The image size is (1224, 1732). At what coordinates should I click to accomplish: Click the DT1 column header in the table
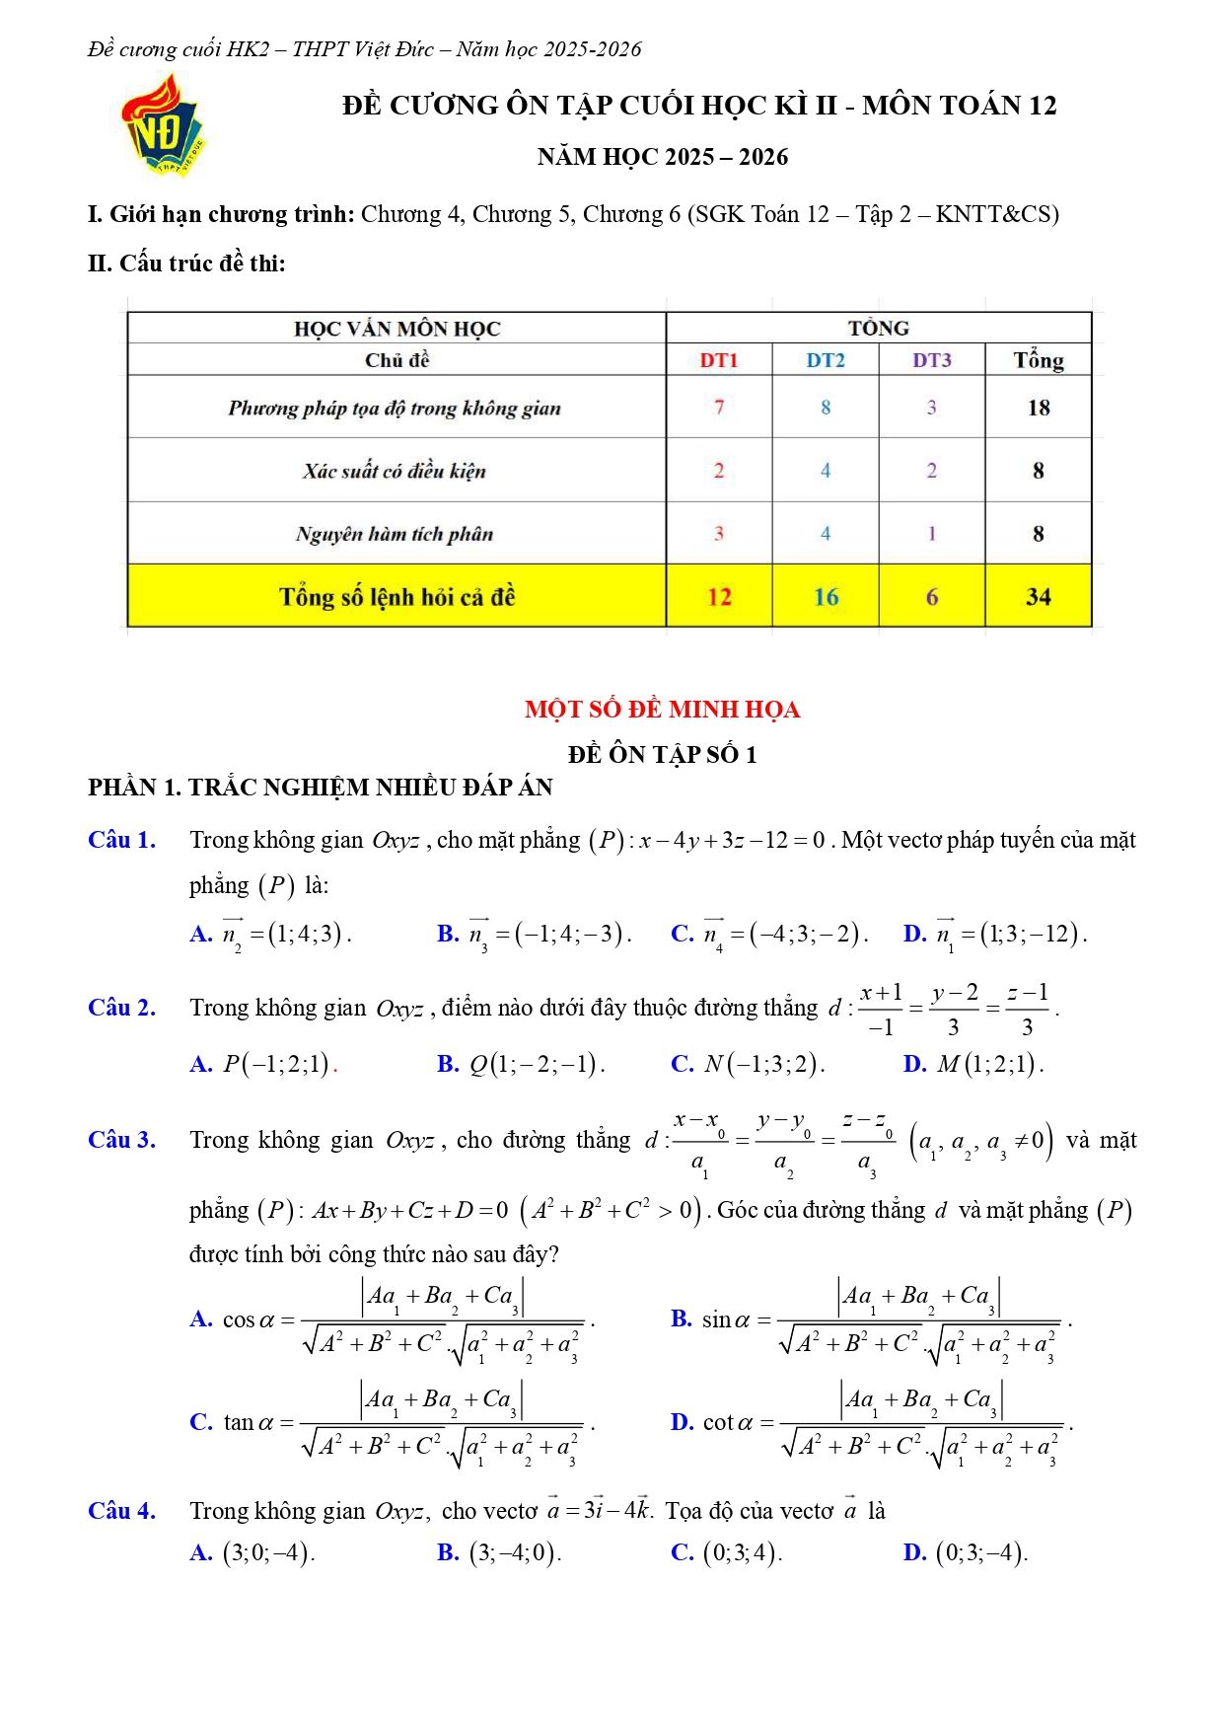point(719,360)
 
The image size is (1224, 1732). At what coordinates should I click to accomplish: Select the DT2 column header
point(826,360)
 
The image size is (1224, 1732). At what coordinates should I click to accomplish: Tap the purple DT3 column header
point(931,360)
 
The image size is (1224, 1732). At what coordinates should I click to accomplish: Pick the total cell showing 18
point(1039,408)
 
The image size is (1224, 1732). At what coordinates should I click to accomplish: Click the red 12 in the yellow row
point(719,597)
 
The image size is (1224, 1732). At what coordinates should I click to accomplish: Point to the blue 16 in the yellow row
point(826,597)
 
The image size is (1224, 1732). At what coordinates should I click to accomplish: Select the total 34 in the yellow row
point(1039,597)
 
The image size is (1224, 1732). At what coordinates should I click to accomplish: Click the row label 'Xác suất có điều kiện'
point(395,471)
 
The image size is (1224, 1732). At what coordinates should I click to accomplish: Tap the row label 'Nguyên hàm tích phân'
point(395,534)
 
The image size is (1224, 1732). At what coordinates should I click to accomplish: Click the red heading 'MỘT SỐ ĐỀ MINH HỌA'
point(662,710)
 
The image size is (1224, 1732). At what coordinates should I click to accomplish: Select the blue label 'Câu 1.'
point(121,840)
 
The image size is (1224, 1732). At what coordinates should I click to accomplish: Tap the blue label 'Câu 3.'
point(121,1140)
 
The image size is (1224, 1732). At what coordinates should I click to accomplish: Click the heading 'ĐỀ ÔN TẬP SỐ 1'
point(662,755)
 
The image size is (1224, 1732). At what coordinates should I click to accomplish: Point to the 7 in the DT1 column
point(719,408)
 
